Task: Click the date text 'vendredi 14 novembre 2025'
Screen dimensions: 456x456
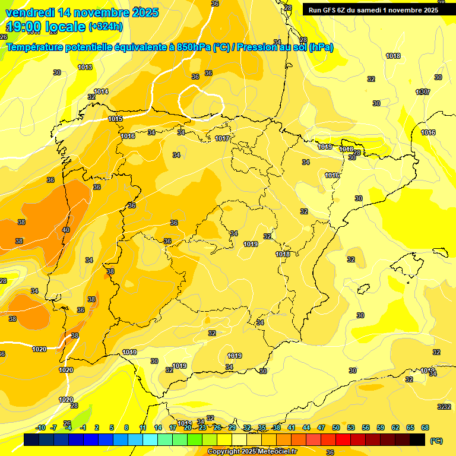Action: tap(82, 12)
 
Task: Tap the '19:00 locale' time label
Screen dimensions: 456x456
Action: tap(46, 27)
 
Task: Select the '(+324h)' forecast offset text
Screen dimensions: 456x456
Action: tap(106, 27)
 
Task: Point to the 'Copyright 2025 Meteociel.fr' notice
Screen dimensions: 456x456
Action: tap(252, 452)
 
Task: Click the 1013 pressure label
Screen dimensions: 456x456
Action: tap(85, 67)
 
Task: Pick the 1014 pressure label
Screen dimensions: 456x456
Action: tap(101, 91)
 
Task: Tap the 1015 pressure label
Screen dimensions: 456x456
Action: tap(115, 119)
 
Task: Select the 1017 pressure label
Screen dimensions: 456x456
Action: tap(222, 138)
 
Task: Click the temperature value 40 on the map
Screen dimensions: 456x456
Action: tap(65, 230)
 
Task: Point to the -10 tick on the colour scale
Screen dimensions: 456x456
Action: tap(40, 427)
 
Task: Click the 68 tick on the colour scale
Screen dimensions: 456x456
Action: tap(425, 427)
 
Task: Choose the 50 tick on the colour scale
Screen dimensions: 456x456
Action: tap(336, 427)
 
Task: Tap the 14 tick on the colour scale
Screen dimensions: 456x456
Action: tap(158, 427)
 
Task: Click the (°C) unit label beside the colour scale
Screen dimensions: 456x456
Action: tap(436, 440)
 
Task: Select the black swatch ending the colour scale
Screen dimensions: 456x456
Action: tap(417, 440)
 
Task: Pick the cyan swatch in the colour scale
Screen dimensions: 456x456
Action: tap(150, 440)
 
